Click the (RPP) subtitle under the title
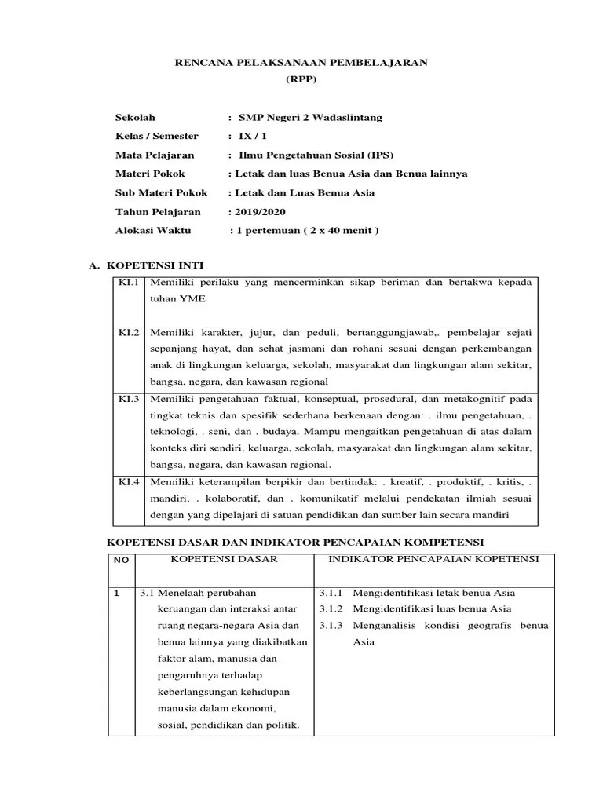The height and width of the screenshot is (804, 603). pyautogui.click(x=301, y=80)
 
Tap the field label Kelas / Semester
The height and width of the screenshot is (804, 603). pyautogui.click(x=157, y=137)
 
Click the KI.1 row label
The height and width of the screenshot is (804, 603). pyautogui.click(x=129, y=282)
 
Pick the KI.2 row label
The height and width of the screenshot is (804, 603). pyautogui.click(x=129, y=332)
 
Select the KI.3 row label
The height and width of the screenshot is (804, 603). pyautogui.click(x=129, y=399)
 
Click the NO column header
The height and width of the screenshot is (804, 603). pyautogui.click(x=121, y=561)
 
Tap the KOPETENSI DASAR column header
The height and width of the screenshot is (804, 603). pyautogui.click(x=225, y=559)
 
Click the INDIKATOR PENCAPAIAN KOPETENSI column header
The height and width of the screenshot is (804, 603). pyautogui.click(x=434, y=559)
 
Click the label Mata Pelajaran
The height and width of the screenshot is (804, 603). pyautogui.click(x=155, y=155)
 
